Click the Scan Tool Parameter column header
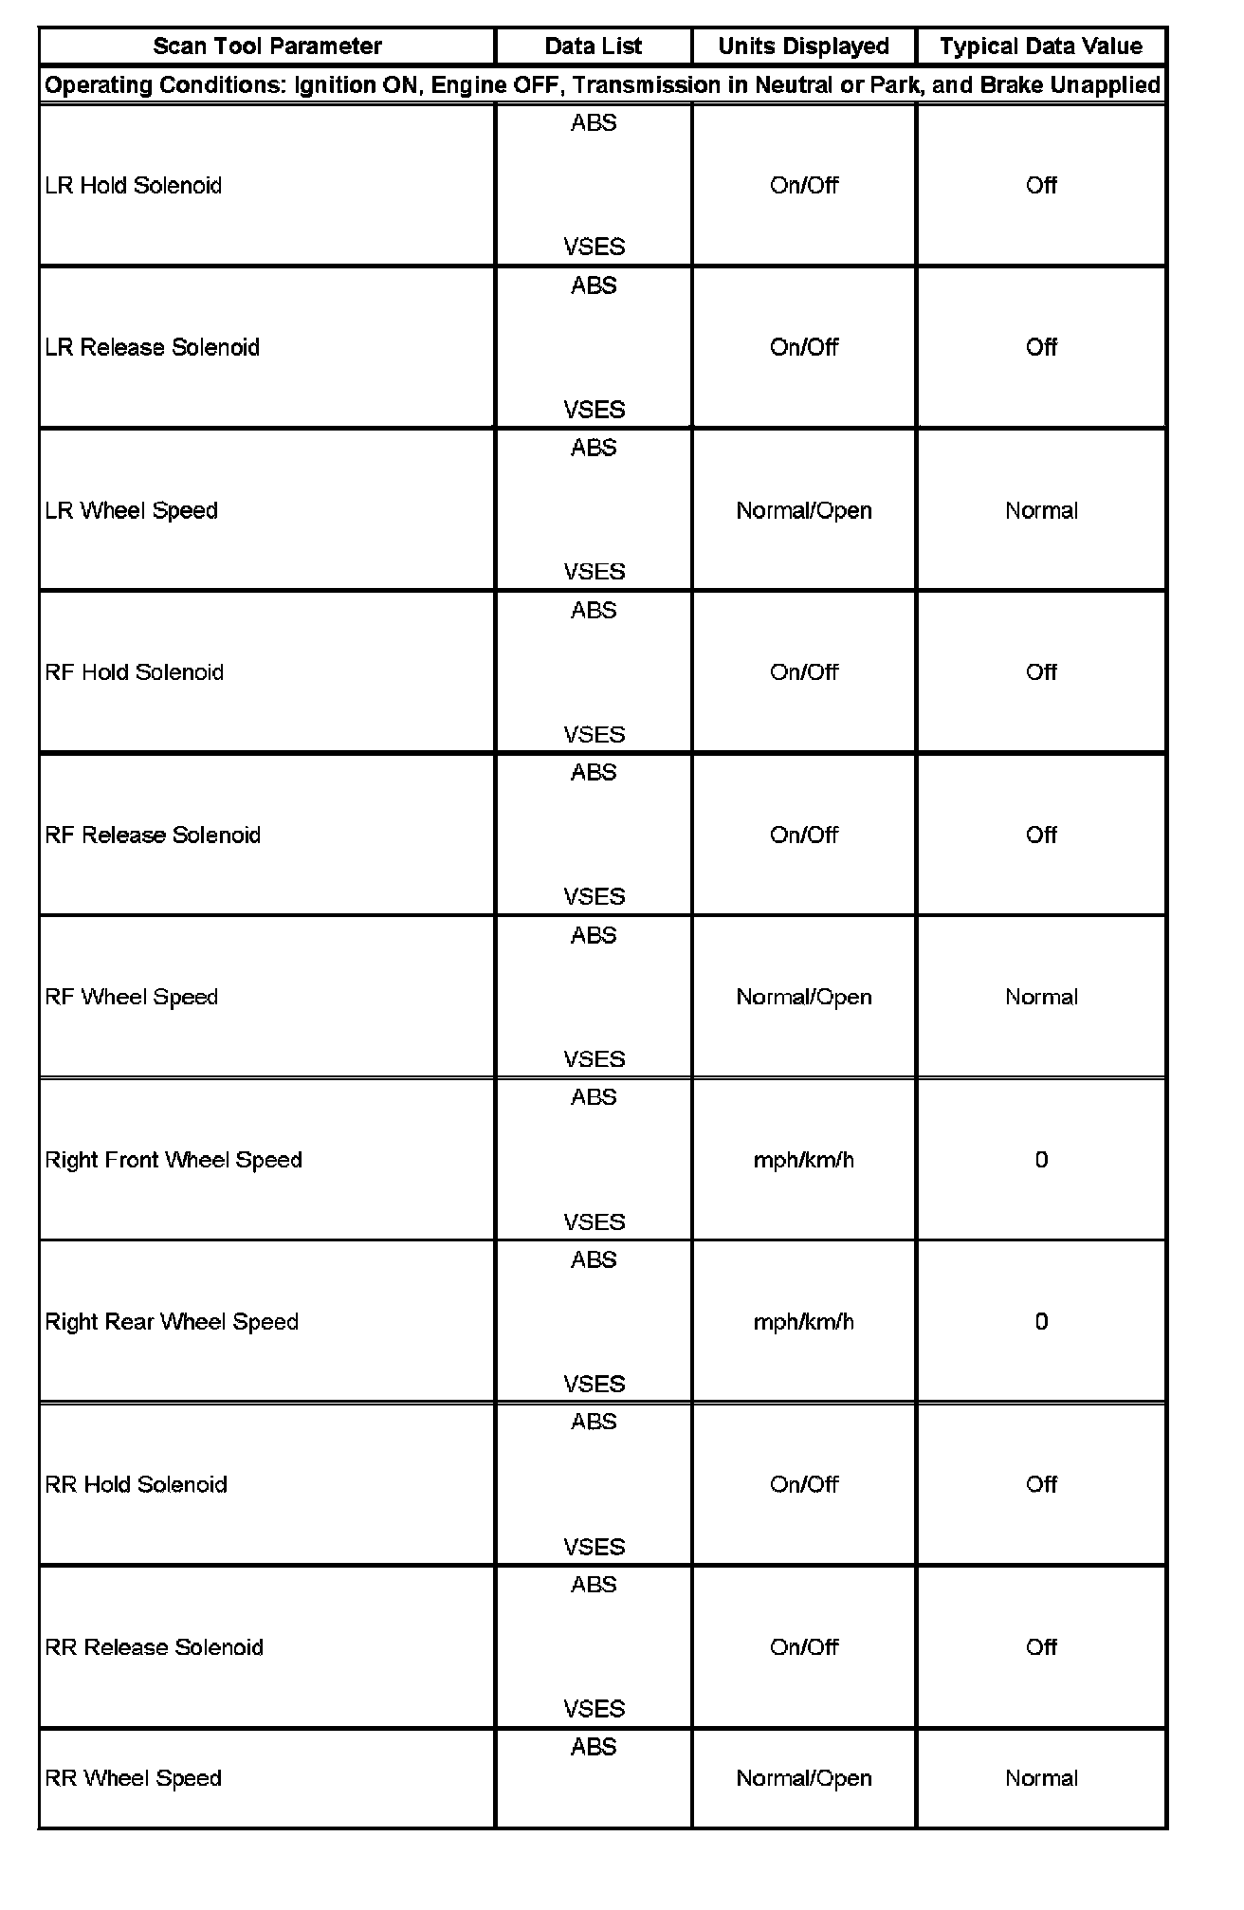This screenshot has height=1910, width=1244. (267, 46)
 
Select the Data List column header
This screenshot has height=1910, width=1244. (594, 46)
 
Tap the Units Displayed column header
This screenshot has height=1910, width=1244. (803, 46)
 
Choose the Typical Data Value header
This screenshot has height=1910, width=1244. (1041, 46)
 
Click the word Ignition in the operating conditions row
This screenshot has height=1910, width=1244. (337, 85)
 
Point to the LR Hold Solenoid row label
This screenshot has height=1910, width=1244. (134, 185)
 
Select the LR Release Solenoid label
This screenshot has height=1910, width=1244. (153, 347)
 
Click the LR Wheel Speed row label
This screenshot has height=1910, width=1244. (132, 510)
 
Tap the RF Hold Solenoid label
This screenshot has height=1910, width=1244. (135, 672)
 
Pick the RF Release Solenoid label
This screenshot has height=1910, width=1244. (153, 835)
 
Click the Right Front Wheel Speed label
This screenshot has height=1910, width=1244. (174, 1160)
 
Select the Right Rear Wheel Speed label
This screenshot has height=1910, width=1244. (172, 1322)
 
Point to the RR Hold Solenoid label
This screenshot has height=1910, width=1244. (137, 1484)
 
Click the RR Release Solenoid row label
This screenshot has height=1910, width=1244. (155, 1647)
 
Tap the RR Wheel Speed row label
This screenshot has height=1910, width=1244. (134, 1778)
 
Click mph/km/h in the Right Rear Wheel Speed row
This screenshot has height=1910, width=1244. (803, 1322)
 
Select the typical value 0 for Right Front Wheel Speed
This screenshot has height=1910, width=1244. (1041, 1160)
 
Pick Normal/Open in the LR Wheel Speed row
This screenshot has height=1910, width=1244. (803, 510)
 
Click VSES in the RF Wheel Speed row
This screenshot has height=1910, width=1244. (594, 1059)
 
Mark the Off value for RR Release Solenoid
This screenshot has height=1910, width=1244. (1041, 1647)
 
